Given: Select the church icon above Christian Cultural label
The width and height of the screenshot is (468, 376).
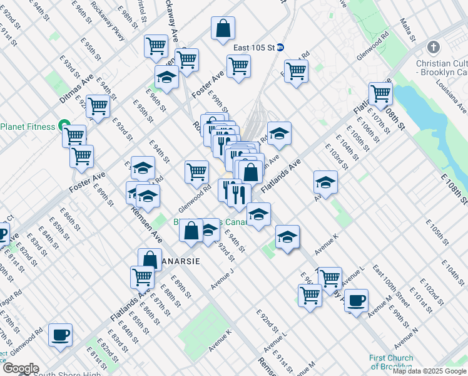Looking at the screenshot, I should tap(433, 47).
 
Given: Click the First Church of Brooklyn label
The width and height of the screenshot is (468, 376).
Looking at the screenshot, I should tap(391, 362).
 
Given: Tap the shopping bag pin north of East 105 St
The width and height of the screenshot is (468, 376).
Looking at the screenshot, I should tap(223, 28).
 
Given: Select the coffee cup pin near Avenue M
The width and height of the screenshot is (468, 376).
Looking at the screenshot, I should tap(357, 300).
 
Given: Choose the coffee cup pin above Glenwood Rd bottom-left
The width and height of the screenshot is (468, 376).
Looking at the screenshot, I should tap(61, 335).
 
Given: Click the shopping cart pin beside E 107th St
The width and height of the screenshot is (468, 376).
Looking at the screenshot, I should tap(380, 94).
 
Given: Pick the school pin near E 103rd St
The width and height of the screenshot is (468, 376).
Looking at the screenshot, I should tap(325, 182).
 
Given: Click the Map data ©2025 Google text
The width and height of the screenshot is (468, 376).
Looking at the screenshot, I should tap(429, 370).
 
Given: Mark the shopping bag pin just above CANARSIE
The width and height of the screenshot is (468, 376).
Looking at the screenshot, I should tap(150, 258).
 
